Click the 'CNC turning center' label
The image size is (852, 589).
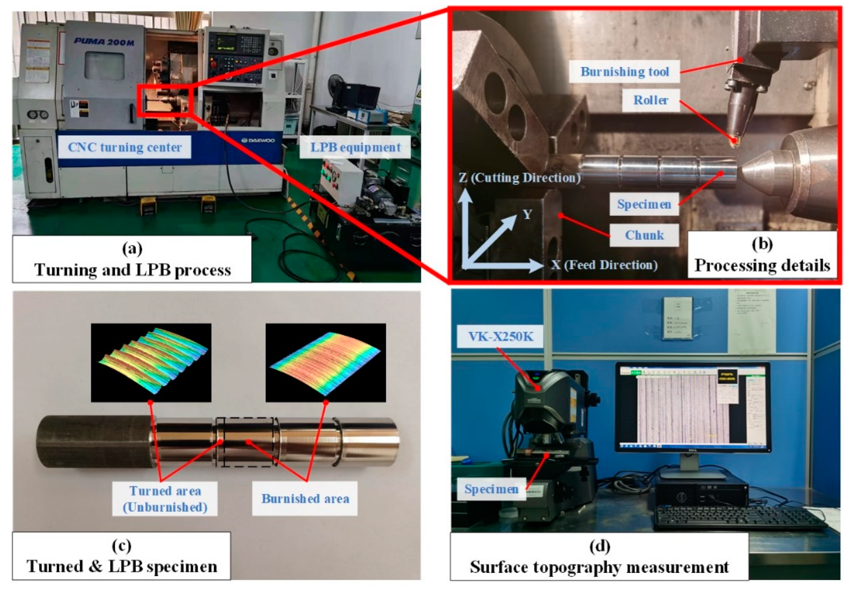[x=125, y=147]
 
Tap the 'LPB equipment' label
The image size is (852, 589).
[x=355, y=147]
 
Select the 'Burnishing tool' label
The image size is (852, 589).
[x=625, y=71]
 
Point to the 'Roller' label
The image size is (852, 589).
[x=651, y=100]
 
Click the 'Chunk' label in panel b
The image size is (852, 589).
[x=644, y=235]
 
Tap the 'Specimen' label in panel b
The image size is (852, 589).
[x=644, y=204]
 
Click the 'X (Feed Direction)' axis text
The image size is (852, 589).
[x=604, y=265]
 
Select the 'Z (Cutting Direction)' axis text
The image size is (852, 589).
[x=519, y=178]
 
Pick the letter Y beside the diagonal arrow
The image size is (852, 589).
[x=527, y=214]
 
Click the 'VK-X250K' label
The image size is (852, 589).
[x=500, y=337]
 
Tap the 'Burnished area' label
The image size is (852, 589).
[x=305, y=499]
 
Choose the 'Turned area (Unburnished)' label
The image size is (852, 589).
[x=165, y=499]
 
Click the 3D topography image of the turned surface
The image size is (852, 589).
[x=151, y=363]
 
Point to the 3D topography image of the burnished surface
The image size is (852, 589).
[x=326, y=363]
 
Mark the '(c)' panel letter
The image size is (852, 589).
[x=122, y=546]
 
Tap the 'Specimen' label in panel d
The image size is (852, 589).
[x=491, y=489]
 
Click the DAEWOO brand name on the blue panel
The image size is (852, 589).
[x=258, y=140]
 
